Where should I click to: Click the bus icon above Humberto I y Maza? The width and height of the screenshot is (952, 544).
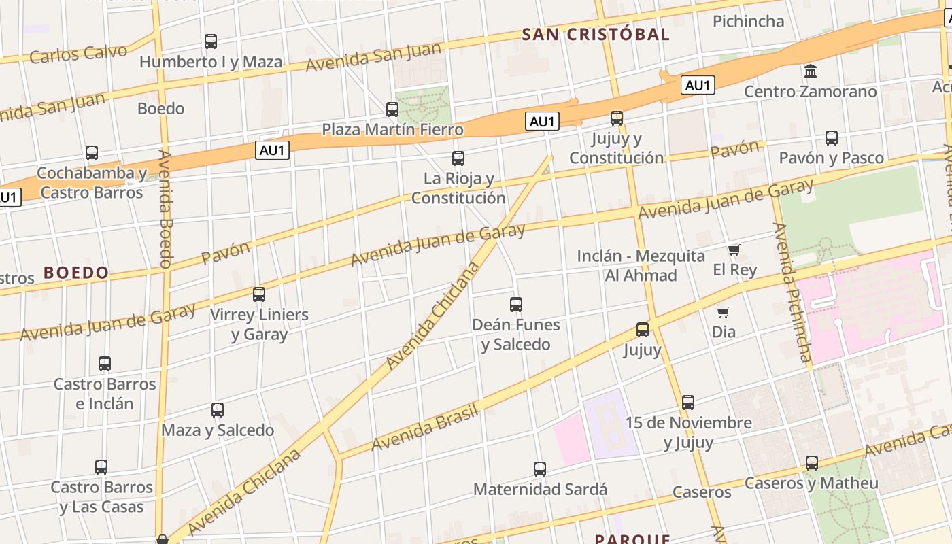tap(211, 41)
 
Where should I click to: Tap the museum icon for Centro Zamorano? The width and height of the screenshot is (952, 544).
tap(810, 71)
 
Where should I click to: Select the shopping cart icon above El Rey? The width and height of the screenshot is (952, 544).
tap(734, 250)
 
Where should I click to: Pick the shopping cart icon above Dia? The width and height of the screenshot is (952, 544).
tap(724, 313)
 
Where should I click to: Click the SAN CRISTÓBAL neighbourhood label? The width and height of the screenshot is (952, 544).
tap(596, 35)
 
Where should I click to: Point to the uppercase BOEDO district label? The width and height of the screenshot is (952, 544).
tap(76, 273)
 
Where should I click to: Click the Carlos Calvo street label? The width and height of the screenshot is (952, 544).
tap(78, 54)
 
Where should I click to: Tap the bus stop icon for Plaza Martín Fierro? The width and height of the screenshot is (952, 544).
tap(392, 109)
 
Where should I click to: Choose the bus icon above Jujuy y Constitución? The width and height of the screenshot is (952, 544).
tap(617, 118)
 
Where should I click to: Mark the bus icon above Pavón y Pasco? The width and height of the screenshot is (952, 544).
tap(831, 138)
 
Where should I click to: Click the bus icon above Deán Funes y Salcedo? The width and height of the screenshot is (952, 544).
tap(516, 304)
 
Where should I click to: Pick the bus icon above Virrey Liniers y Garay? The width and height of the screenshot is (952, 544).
tap(259, 294)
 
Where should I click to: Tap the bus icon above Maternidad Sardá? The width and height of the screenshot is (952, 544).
tap(540, 469)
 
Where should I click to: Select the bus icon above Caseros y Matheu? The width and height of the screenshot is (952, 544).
tap(811, 463)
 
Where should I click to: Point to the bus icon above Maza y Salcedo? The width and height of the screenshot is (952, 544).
tap(218, 410)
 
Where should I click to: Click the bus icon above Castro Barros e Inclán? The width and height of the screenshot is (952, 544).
tap(105, 364)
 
